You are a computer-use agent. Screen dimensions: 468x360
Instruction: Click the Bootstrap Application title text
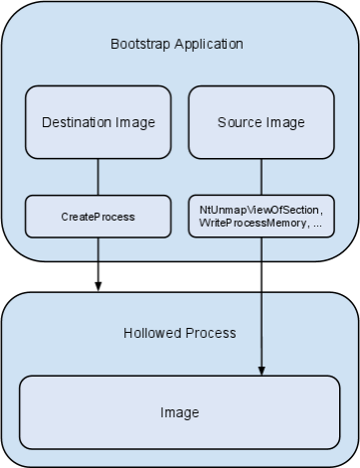pyautogui.click(x=177, y=45)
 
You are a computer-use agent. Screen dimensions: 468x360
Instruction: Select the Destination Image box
pyautogui.click(x=97, y=122)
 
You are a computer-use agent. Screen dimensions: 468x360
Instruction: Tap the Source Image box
pyautogui.click(x=261, y=122)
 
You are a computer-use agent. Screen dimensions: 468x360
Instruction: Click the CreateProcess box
pyautogui.click(x=97, y=216)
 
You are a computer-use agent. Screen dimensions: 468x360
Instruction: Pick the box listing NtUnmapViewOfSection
pyautogui.click(x=261, y=216)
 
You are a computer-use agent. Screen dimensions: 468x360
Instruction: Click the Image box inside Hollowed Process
pyautogui.click(x=180, y=411)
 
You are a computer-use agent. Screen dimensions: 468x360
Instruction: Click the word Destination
pyautogui.click(x=78, y=123)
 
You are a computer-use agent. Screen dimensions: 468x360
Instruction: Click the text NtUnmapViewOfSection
pyautogui.click(x=261, y=209)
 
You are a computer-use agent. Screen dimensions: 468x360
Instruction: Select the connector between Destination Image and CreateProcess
pyautogui.click(x=97, y=177)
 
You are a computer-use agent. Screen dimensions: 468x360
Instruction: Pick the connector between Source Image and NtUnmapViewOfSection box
pyautogui.click(x=261, y=177)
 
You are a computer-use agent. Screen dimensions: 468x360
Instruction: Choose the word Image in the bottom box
pyautogui.click(x=180, y=412)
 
